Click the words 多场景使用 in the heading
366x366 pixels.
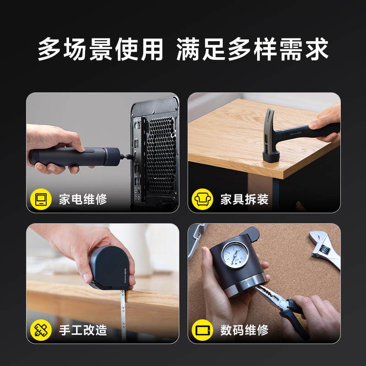pyautogui.click(x=101, y=49)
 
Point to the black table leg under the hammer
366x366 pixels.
pyautogui.click(x=274, y=192)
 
